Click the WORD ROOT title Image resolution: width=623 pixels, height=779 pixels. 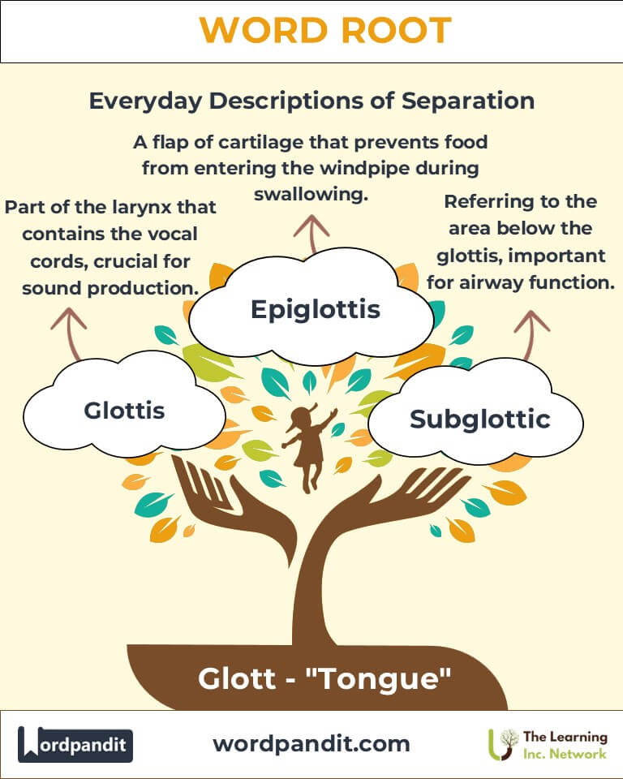[325, 30]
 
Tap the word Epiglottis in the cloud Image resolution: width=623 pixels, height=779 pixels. [316, 310]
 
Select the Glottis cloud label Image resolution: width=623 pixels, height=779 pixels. [124, 411]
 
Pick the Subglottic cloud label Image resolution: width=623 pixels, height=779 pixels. [480, 420]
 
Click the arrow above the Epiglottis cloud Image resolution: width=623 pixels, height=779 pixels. [311, 235]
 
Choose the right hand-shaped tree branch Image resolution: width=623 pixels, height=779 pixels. [393, 501]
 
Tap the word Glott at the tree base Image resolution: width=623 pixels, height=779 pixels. [237, 678]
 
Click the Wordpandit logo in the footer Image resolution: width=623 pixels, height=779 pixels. [75, 744]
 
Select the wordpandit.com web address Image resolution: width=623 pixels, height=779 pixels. [311, 744]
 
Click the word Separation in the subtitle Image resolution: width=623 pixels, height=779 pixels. [468, 101]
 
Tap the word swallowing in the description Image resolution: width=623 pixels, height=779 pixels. [311, 194]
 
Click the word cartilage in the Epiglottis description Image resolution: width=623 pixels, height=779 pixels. [261, 143]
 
